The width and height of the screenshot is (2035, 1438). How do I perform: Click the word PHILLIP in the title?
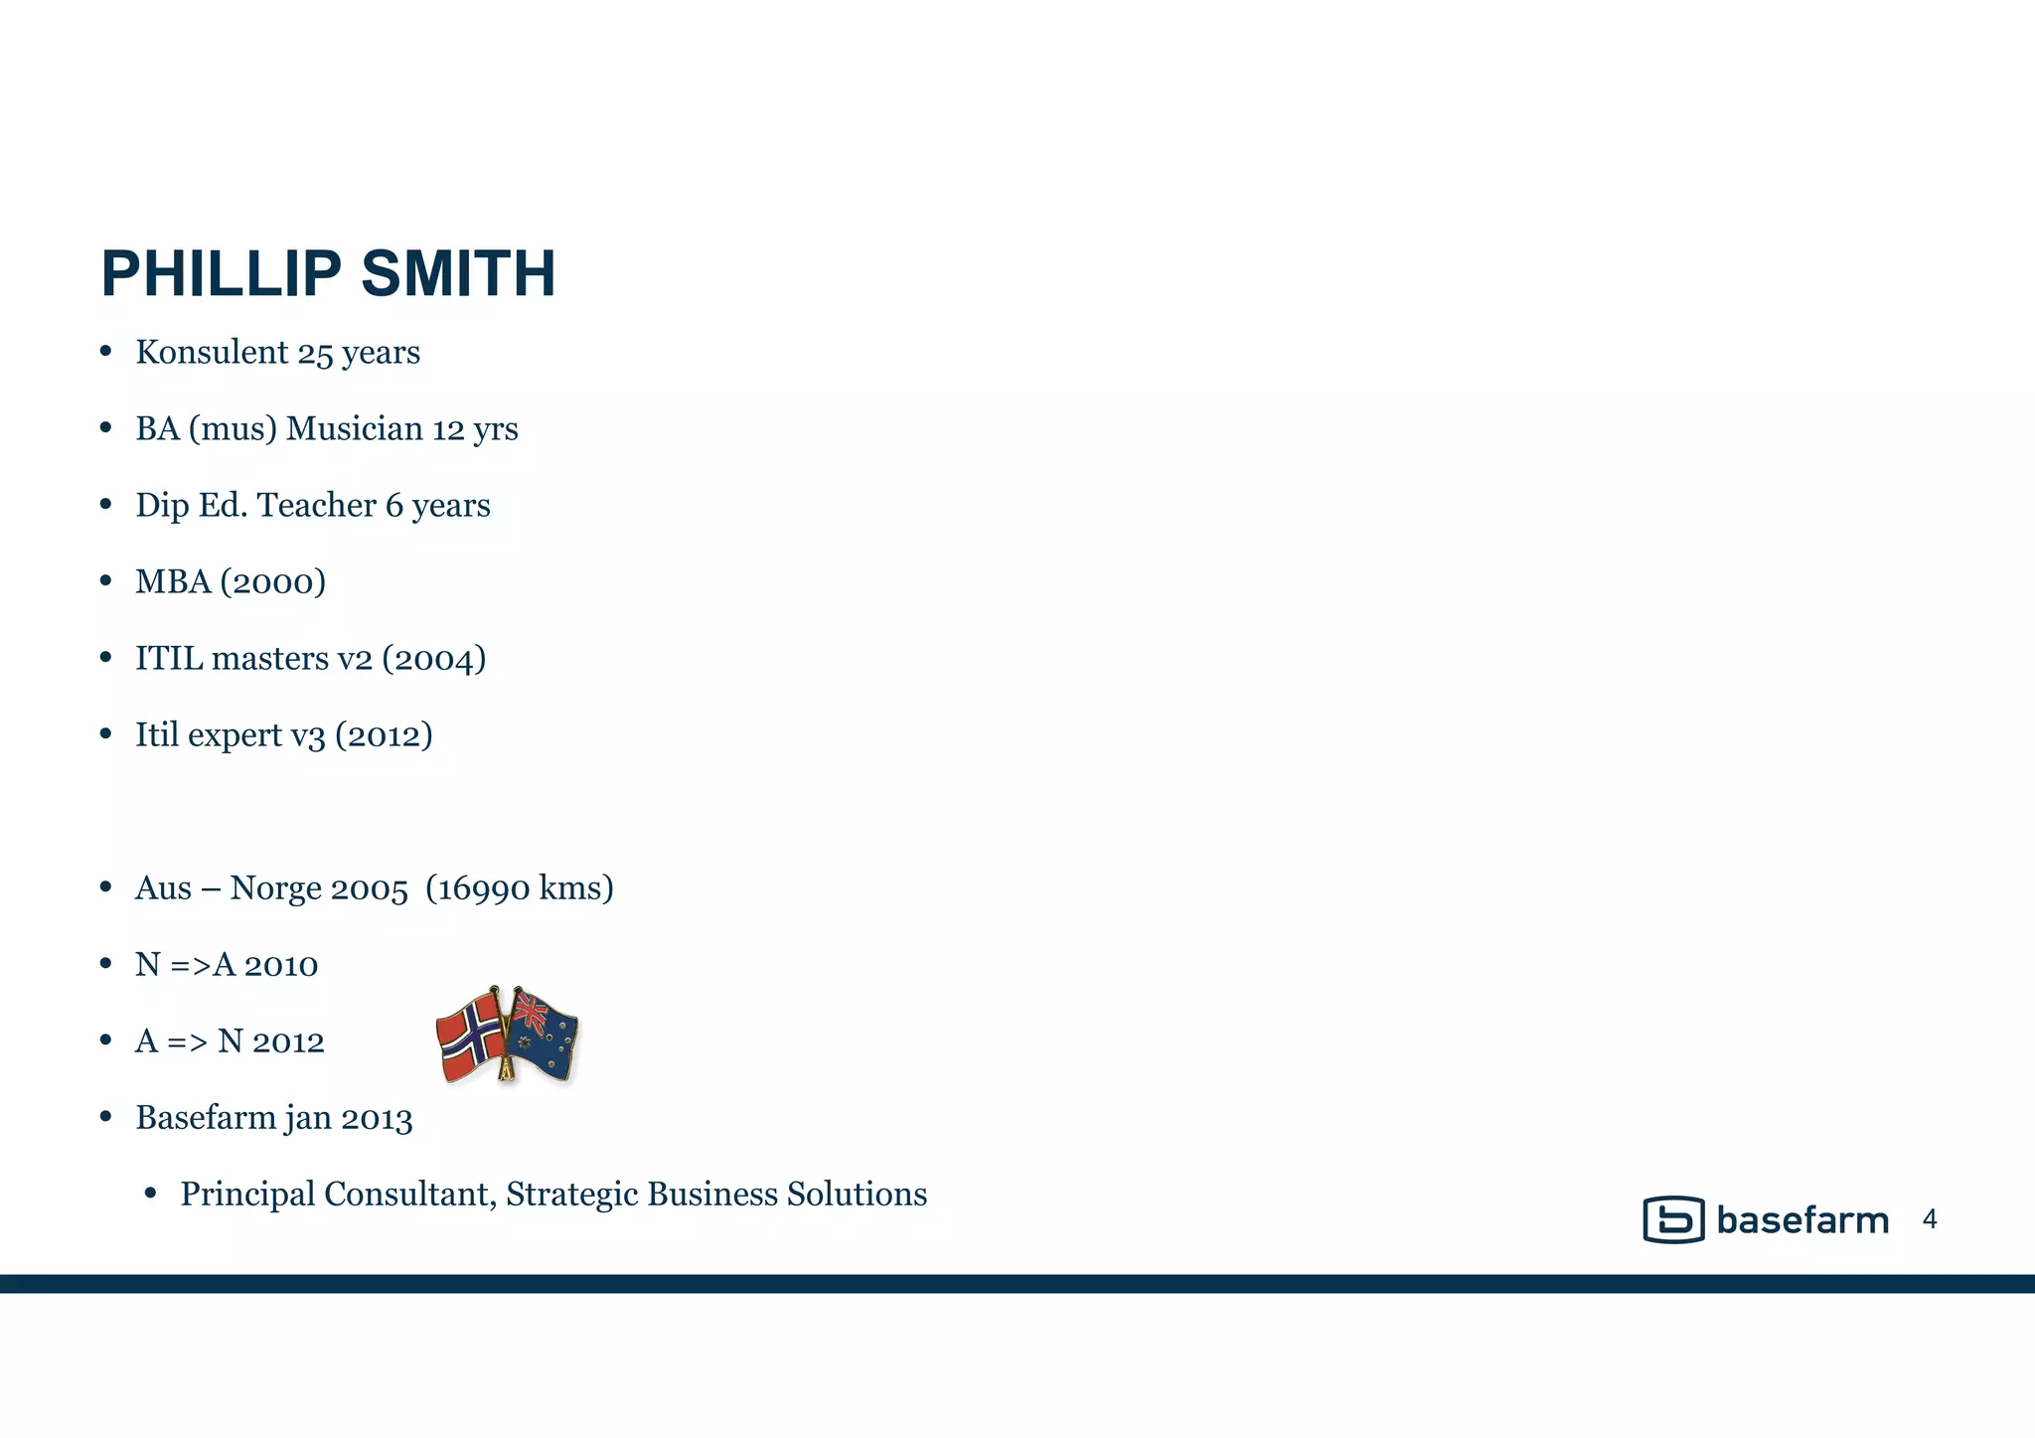[x=221, y=274]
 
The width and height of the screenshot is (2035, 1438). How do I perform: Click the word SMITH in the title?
[x=458, y=274]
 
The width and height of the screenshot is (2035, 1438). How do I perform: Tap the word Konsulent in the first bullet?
[x=212, y=352]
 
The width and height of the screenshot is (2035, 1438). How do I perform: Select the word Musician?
[x=355, y=428]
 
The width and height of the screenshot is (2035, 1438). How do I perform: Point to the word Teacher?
[x=317, y=505]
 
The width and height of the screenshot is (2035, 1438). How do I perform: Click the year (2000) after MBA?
[x=273, y=581]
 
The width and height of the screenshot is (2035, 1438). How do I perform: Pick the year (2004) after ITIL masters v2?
[x=433, y=658]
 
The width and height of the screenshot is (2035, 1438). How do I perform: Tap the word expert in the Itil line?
[x=235, y=735]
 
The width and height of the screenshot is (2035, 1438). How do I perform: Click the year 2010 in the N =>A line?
[x=281, y=965]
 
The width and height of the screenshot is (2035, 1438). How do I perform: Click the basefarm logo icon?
[x=1673, y=1219]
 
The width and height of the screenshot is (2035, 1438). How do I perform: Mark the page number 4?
[x=1930, y=1219]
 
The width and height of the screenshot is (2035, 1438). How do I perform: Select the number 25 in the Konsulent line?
[x=315, y=353]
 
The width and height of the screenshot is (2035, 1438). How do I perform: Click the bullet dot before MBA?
[x=106, y=581]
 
